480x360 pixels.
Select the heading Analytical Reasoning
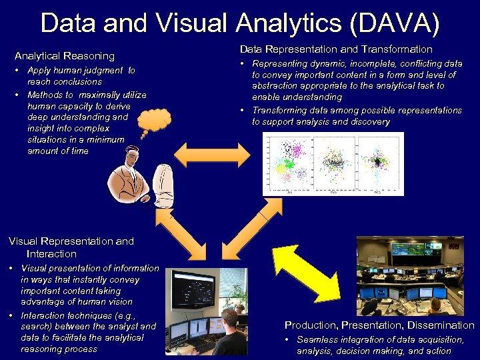(65, 56)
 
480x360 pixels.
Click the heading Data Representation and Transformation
(336, 49)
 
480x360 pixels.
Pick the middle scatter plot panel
(333, 163)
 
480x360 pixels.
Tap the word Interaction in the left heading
(51, 254)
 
